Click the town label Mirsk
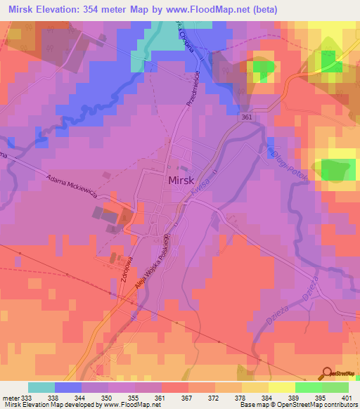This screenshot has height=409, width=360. [186, 181]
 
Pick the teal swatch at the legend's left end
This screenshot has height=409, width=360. [41, 387]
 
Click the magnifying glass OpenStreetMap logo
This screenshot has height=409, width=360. [326, 373]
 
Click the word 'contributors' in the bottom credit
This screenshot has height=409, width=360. [337, 405]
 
